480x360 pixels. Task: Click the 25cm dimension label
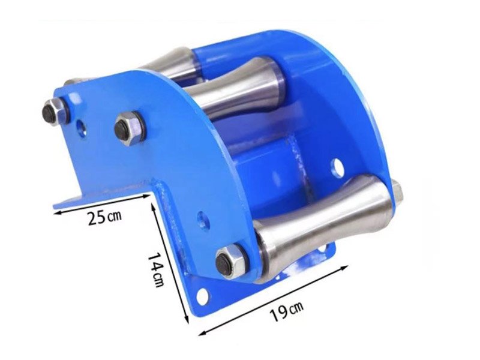[x=104, y=217]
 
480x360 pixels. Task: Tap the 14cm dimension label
[x=155, y=269]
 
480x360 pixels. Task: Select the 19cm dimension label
[x=286, y=311]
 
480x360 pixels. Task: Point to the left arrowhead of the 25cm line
[x=56, y=212]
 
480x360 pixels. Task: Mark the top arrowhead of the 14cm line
[x=153, y=206]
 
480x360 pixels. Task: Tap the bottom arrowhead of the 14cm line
[x=186, y=319]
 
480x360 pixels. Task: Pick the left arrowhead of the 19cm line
[x=202, y=333]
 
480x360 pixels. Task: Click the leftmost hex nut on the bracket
[x=52, y=112]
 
